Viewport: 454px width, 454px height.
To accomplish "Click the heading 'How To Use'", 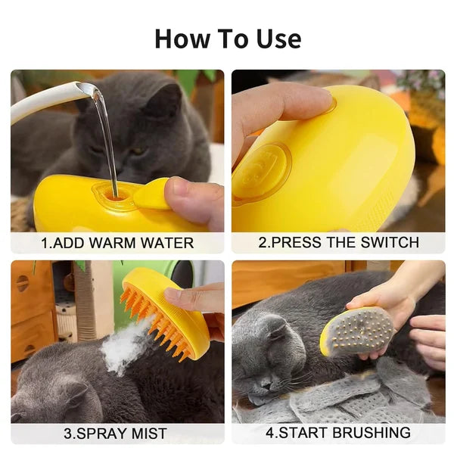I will tap(227, 38).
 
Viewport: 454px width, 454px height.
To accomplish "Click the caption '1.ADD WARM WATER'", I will tap(117, 243).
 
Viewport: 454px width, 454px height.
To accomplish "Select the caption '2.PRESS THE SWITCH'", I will tap(338, 243).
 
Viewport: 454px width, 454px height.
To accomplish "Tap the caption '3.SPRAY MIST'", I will tap(117, 434).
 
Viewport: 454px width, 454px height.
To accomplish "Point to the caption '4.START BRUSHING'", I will tap(338, 434).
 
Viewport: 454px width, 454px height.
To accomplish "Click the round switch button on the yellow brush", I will tap(261, 173).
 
